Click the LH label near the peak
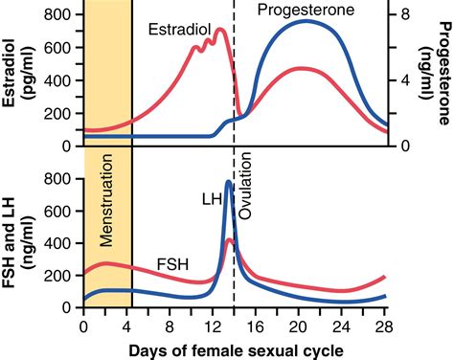click(211, 198)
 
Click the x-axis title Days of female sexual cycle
click(237, 348)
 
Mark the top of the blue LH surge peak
click(229, 181)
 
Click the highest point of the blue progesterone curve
click(306, 20)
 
